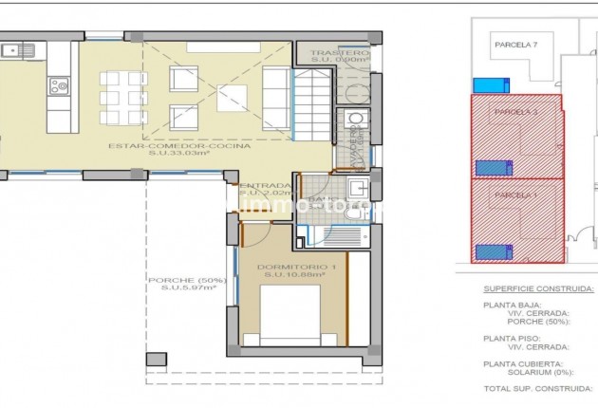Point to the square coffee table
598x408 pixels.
pos(232,96)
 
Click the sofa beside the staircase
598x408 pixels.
pos(275,95)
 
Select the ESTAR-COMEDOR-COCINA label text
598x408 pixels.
pos(179,146)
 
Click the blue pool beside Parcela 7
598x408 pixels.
pos(492,85)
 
